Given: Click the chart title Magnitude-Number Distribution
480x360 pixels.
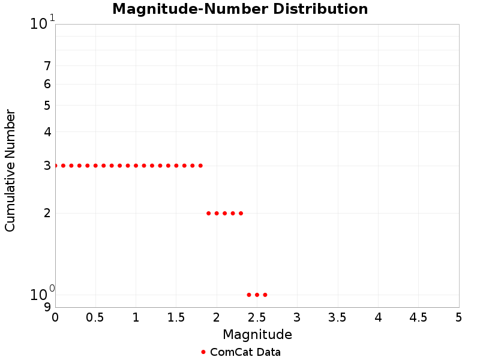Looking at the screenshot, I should pyautogui.click(x=240, y=9).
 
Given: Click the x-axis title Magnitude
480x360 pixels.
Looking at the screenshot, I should pyautogui.click(x=257, y=334).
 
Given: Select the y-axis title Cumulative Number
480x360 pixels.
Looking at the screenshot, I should pyautogui.click(x=10, y=170).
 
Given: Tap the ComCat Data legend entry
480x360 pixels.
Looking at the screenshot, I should pyautogui.click(x=241, y=352).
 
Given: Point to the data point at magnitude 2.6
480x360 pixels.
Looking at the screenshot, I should pyautogui.click(x=265, y=295).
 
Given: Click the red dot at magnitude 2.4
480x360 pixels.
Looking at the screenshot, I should pyautogui.click(x=249, y=295).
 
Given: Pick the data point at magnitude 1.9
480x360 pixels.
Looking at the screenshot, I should pyautogui.click(x=209, y=213).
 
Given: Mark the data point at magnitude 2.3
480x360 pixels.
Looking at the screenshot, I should pyautogui.click(x=241, y=213).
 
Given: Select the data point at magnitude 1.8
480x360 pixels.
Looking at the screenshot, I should pyautogui.click(x=200, y=166).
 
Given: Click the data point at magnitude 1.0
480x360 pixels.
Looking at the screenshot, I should pyautogui.click(x=136, y=166).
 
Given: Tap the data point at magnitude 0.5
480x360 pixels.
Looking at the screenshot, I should pyautogui.click(x=95, y=166).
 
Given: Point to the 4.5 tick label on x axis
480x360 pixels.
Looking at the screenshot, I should pyautogui.click(x=418, y=317).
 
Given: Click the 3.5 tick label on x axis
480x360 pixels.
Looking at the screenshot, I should pyautogui.click(x=338, y=317).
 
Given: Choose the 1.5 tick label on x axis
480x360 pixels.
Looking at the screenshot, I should pyautogui.click(x=176, y=317).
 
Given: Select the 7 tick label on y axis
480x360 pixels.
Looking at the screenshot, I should pyautogui.click(x=47, y=66).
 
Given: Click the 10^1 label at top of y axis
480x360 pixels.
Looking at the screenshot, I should pyautogui.click(x=42, y=24).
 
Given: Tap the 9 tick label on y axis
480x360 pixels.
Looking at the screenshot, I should pyautogui.click(x=47, y=307).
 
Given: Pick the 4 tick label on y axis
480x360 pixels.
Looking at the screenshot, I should pyautogui.click(x=47, y=132).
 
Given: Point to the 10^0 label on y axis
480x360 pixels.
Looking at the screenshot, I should pyautogui.click(x=42, y=294).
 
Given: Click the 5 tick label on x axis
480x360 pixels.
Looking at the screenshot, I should pyautogui.click(x=459, y=317).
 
